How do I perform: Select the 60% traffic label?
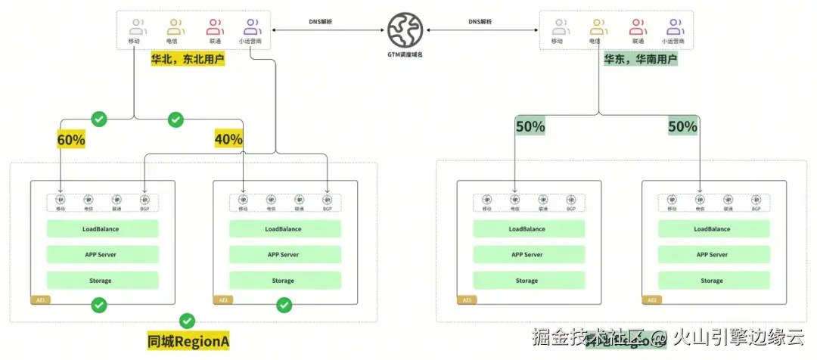click(x=71, y=139)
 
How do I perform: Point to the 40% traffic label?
click(x=228, y=139)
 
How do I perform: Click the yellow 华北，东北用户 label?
click(x=188, y=59)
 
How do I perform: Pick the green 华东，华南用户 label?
click(x=640, y=59)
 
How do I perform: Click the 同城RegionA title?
click(x=188, y=342)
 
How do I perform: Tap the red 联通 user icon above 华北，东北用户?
click(x=214, y=28)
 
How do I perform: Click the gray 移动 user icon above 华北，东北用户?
click(x=135, y=28)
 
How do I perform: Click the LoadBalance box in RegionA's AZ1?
click(x=102, y=228)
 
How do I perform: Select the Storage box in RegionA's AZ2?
click(x=284, y=281)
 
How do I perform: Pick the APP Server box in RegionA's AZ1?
click(x=102, y=255)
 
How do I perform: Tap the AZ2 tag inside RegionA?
click(x=223, y=300)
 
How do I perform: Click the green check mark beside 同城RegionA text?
click(x=187, y=321)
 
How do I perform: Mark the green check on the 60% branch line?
click(x=98, y=119)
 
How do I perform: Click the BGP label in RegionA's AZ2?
click(x=327, y=208)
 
